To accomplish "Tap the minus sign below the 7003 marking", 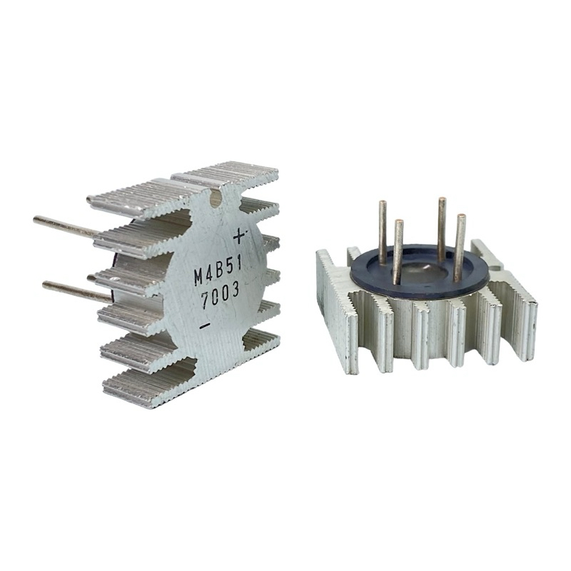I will click(205, 326).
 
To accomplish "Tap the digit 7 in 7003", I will click(206, 302).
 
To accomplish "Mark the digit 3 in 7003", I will click(234, 293).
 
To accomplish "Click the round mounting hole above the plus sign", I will click(216, 199).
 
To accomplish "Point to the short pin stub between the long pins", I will click(93, 277).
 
